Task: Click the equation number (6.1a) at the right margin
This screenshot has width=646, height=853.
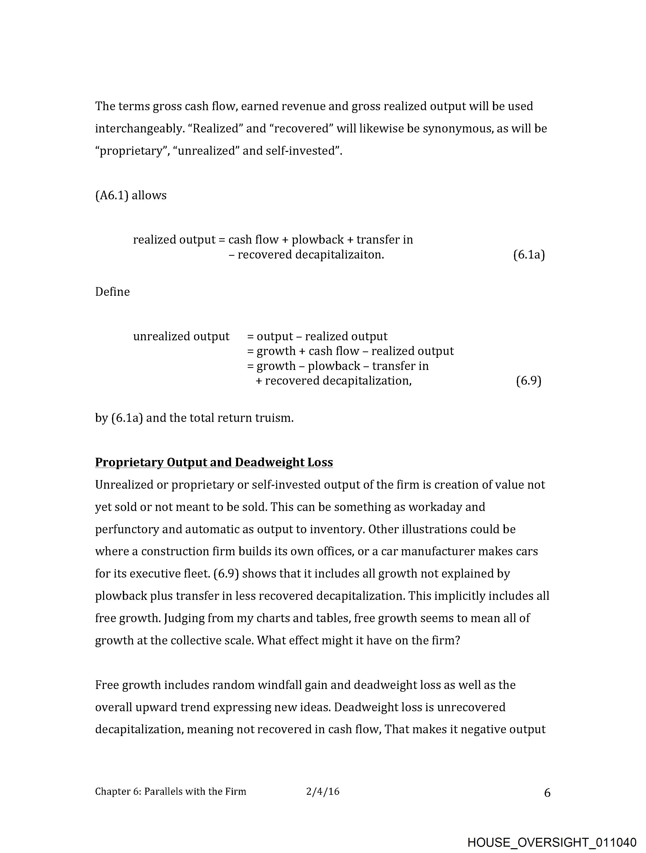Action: (x=529, y=255)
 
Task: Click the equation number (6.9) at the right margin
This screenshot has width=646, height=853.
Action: (x=529, y=381)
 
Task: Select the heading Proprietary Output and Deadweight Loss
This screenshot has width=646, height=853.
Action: (x=214, y=462)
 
